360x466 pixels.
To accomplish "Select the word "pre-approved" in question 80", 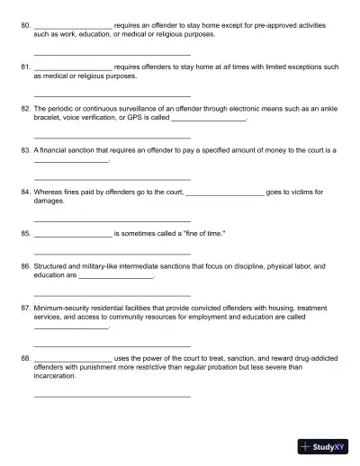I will (x=240, y=25).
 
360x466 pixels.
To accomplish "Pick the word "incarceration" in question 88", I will (x=55, y=376).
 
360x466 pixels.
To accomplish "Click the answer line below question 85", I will (x=112, y=254).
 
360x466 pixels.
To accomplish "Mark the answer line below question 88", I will (x=112, y=396).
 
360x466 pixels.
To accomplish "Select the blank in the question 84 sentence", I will (x=224, y=193).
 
